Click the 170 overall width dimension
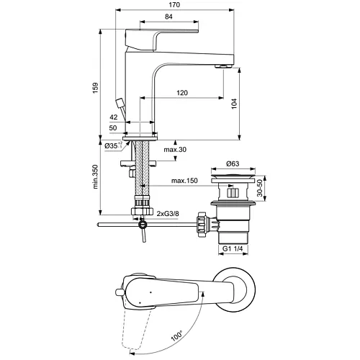click(174, 5)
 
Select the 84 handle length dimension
click(168, 17)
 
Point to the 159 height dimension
click(96, 88)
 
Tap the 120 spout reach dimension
click(182, 93)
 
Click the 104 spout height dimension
click(234, 104)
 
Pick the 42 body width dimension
click(114, 117)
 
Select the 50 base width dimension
click(113, 128)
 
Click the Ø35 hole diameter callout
click(114, 145)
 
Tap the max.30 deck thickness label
click(175, 150)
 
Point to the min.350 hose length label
click(96, 177)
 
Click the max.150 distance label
click(184, 181)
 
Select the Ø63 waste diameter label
click(233, 163)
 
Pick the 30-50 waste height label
click(260, 188)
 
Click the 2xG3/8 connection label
click(168, 213)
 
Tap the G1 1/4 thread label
click(233, 248)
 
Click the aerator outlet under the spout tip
click(224, 66)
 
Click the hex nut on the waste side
click(202, 224)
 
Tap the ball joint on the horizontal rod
click(143, 225)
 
